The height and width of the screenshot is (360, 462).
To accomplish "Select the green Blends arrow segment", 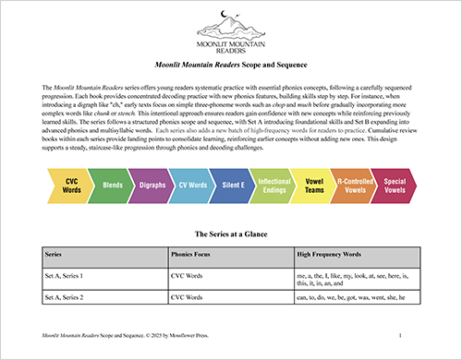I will point(113,160).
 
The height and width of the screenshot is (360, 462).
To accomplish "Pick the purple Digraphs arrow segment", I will point(152,160).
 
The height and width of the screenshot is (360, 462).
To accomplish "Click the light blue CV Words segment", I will point(193,160).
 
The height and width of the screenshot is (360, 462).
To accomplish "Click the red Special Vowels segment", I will point(395,160).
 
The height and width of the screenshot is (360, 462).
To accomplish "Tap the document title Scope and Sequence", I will point(231,67).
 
